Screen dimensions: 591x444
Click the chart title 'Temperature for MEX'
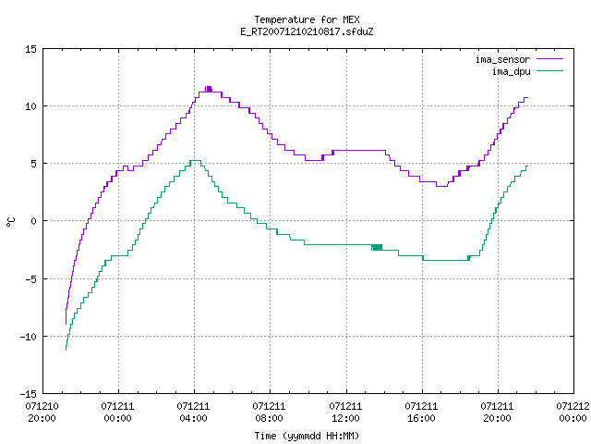click(307, 19)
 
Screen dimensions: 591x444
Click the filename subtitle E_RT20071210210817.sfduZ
click(307, 31)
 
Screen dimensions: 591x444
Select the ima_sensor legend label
click(502, 59)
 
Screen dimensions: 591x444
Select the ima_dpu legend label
click(511, 71)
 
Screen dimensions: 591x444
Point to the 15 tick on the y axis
click(30, 49)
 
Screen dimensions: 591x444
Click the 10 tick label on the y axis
click(30, 106)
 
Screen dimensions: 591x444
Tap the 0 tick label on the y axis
click(33, 221)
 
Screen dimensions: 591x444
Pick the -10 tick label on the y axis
click(29, 337)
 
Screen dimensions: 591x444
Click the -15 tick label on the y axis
click(29, 394)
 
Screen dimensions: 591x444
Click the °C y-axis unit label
click(11, 222)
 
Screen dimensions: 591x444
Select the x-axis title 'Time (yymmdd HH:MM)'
click(307, 436)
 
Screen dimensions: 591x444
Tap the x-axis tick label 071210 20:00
click(42, 413)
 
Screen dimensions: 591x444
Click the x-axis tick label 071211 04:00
click(193, 413)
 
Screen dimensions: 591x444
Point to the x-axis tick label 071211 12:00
click(345, 413)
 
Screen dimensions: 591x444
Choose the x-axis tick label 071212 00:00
click(573, 413)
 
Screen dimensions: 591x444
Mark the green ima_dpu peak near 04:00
click(195, 160)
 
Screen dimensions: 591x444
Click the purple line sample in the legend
click(550, 59)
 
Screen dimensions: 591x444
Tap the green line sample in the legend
click(550, 71)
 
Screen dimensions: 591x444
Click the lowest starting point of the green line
click(66, 350)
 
